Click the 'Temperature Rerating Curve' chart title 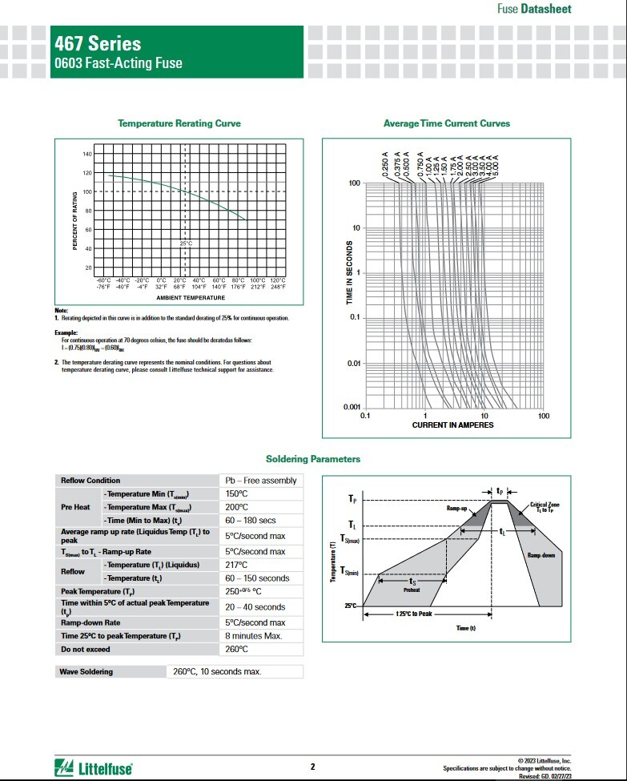coord(179,123)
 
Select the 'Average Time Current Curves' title coord(447,123)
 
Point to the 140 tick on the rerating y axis coord(87,154)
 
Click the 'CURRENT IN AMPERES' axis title coord(453,425)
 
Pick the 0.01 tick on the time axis coord(353,364)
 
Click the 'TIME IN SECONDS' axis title coord(349,272)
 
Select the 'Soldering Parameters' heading coord(313,459)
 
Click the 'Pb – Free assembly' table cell coord(260,481)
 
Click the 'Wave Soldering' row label coord(87,671)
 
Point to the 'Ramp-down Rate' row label coord(90,622)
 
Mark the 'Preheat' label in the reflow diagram coord(412,589)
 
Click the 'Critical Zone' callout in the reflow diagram coord(545,506)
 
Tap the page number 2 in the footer coord(312,767)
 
